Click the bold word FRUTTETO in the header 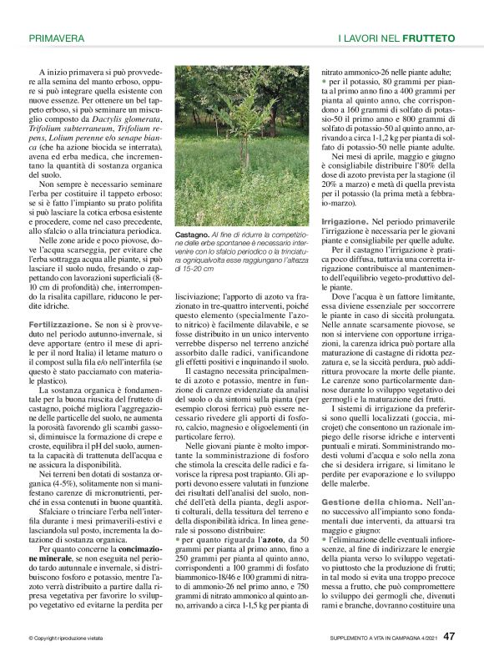pyautogui.click(x=428, y=38)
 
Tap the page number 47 pyautogui.click(x=449, y=637)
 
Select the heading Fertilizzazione pyautogui.click(x=60, y=322)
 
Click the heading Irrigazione pyautogui.click(x=345, y=219)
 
